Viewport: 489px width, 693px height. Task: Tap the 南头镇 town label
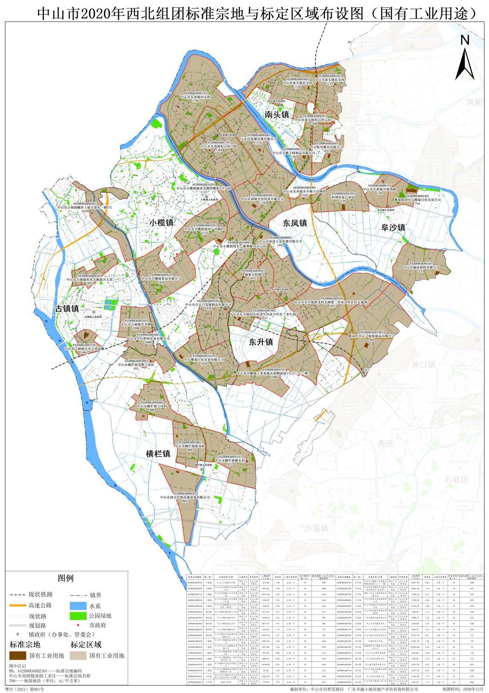point(277,114)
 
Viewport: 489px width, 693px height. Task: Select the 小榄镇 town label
point(161,222)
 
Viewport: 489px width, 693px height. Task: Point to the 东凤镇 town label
point(295,223)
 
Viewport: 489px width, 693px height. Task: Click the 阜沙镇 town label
point(393,227)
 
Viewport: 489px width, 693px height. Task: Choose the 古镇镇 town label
point(67,308)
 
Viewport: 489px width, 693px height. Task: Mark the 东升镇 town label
point(261,342)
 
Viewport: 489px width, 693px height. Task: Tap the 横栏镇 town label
point(158,454)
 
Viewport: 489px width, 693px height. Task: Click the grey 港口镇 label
point(423,364)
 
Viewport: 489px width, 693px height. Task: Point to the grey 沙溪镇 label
point(316,528)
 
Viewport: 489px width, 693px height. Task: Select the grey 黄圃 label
point(474,102)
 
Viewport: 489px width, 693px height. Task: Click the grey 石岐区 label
point(456,479)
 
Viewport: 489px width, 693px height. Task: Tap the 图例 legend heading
point(66,578)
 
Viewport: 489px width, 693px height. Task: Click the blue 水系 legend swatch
point(78,606)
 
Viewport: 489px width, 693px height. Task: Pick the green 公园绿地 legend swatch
point(78,616)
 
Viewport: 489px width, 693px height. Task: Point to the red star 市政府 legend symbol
point(79,625)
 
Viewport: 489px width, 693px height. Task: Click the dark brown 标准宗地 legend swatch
point(18,655)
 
